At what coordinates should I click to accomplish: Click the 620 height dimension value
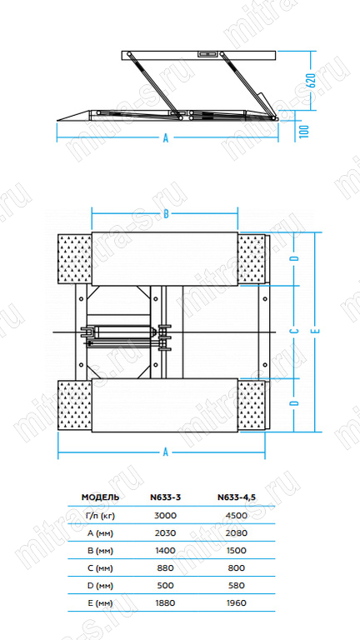(x=311, y=81)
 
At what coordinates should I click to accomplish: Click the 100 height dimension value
(x=304, y=131)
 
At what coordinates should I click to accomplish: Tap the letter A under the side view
(x=166, y=138)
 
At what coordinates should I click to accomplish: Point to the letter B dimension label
(x=166, y=215)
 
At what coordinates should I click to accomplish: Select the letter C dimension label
(x=297, y=331)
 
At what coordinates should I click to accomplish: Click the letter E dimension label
(x=317, y=331)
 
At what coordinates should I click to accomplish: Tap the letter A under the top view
(x=166, y=452)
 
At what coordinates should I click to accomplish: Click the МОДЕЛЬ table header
(x=100, y=497)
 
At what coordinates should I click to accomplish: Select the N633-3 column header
(x=165, y=497)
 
